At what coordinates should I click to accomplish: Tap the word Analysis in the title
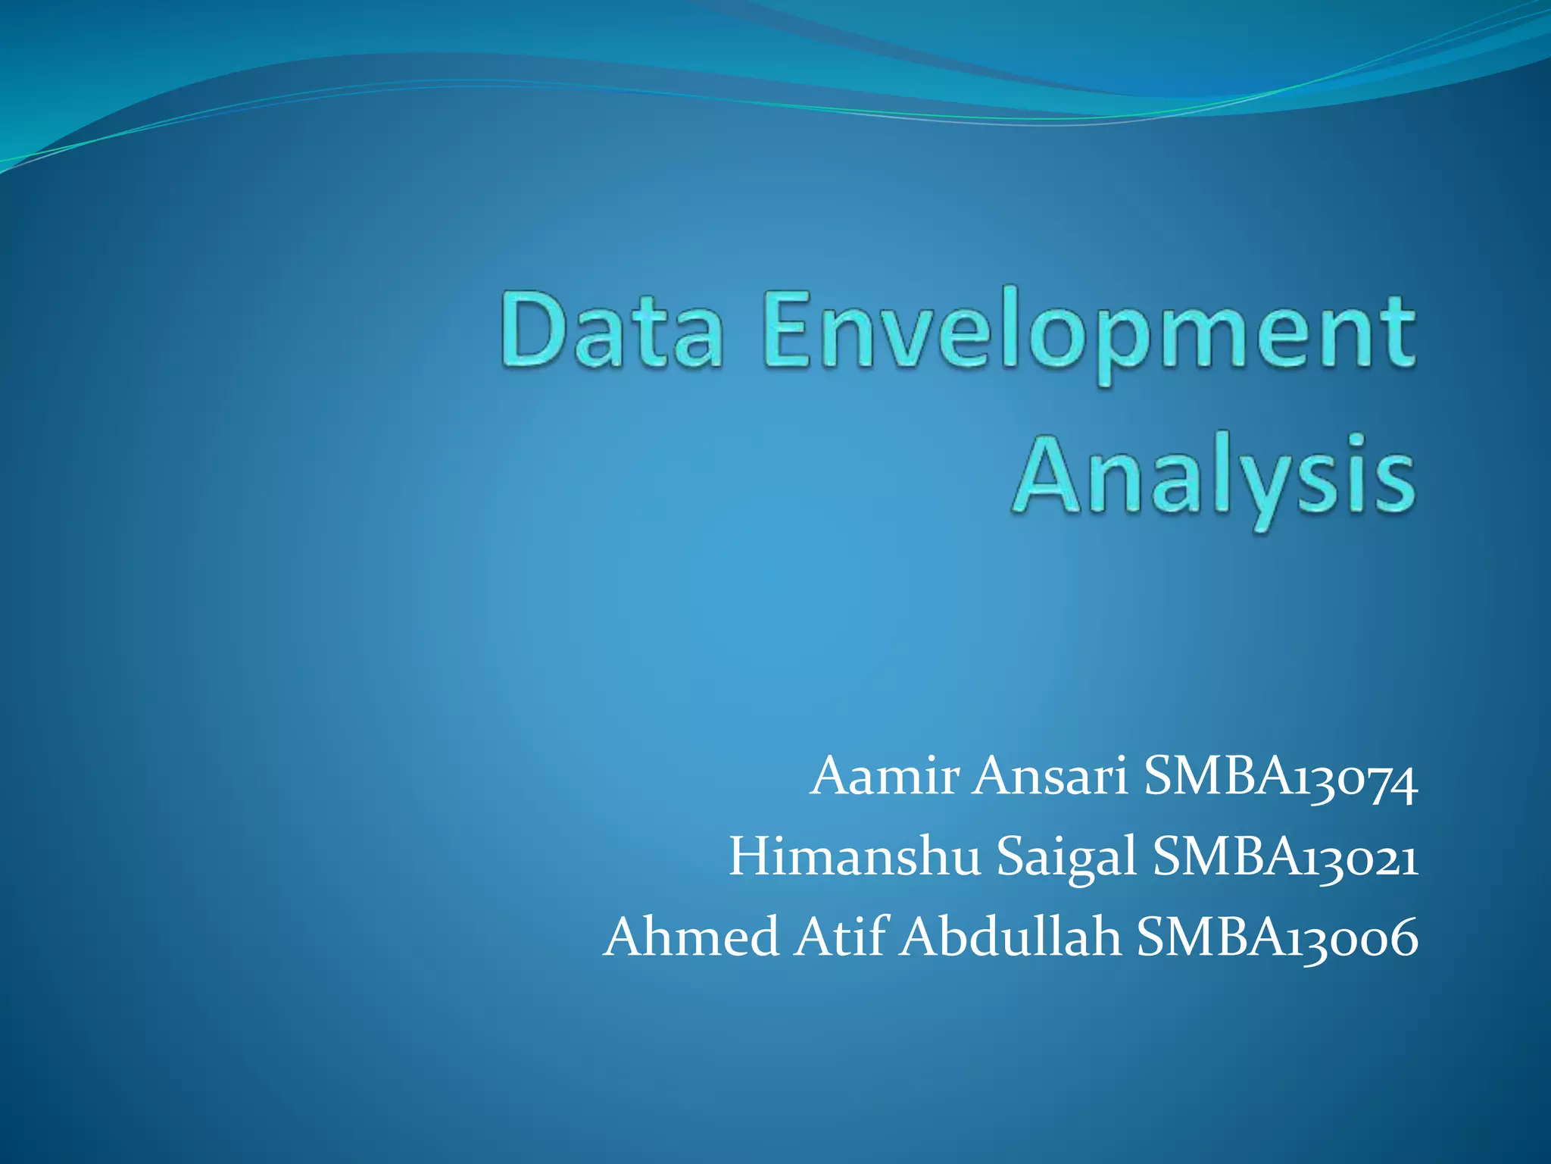click(x=1214, y=477)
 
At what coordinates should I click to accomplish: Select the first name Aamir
click(x=885, y=777)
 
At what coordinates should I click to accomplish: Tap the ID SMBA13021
click(x=1285, y=859)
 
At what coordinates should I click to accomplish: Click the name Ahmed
click(x=691, y=936)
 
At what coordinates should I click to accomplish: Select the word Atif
click(x=840, y=936)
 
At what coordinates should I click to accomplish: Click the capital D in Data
click(x=532, y=331)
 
